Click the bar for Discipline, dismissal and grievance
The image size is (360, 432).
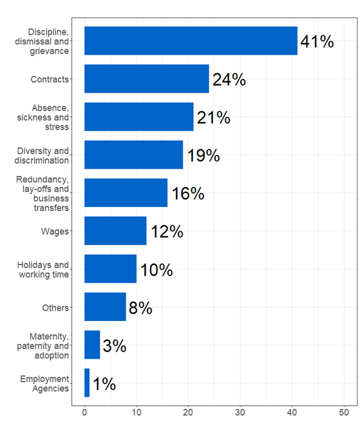tap(191, 41)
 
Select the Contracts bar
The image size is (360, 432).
tap(146, 79)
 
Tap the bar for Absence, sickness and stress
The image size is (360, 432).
tap(139, 117)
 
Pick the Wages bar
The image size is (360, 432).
tap(115, 231)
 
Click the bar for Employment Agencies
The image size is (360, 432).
tap(87, 383)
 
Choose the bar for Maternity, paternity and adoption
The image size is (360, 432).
tap(92, 345)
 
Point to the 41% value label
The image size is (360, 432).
tap(317, 42)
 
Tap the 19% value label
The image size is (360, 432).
tap(203, 155)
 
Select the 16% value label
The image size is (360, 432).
tap(187, 194)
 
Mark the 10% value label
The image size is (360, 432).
tap(156, 269)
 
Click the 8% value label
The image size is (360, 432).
tap(140, 308)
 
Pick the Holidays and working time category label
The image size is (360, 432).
tap(43, 269)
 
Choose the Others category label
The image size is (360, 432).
tap(55, 308)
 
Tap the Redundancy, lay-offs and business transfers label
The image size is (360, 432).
tap(42, 194)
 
